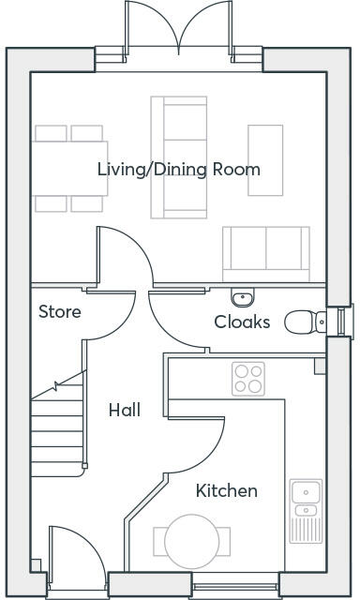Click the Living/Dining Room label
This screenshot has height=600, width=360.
[x=179, y=170]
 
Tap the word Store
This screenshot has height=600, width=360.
[x=60, y=312]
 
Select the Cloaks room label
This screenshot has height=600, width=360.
[x=242, y=322]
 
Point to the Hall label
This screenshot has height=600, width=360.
[x=125, y=410]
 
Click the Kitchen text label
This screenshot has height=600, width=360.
[x=227, y=490]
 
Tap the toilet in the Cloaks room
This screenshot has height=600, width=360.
[x=306, y=322]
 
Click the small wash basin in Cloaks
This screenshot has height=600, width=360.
[x=243, y=297]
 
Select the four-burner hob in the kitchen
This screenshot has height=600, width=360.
[x=248, y=379]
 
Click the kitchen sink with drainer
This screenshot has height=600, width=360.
[x=306, y=511]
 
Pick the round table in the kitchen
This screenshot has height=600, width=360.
[x=192, y=542]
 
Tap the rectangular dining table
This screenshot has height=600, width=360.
[x=69, y=169]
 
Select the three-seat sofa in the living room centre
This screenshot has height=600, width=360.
[x=179, y=157]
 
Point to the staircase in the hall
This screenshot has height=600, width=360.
[x=57, y=424]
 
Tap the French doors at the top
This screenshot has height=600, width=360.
[x=178, y=29]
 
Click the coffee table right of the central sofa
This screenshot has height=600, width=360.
[x=265, y=160]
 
